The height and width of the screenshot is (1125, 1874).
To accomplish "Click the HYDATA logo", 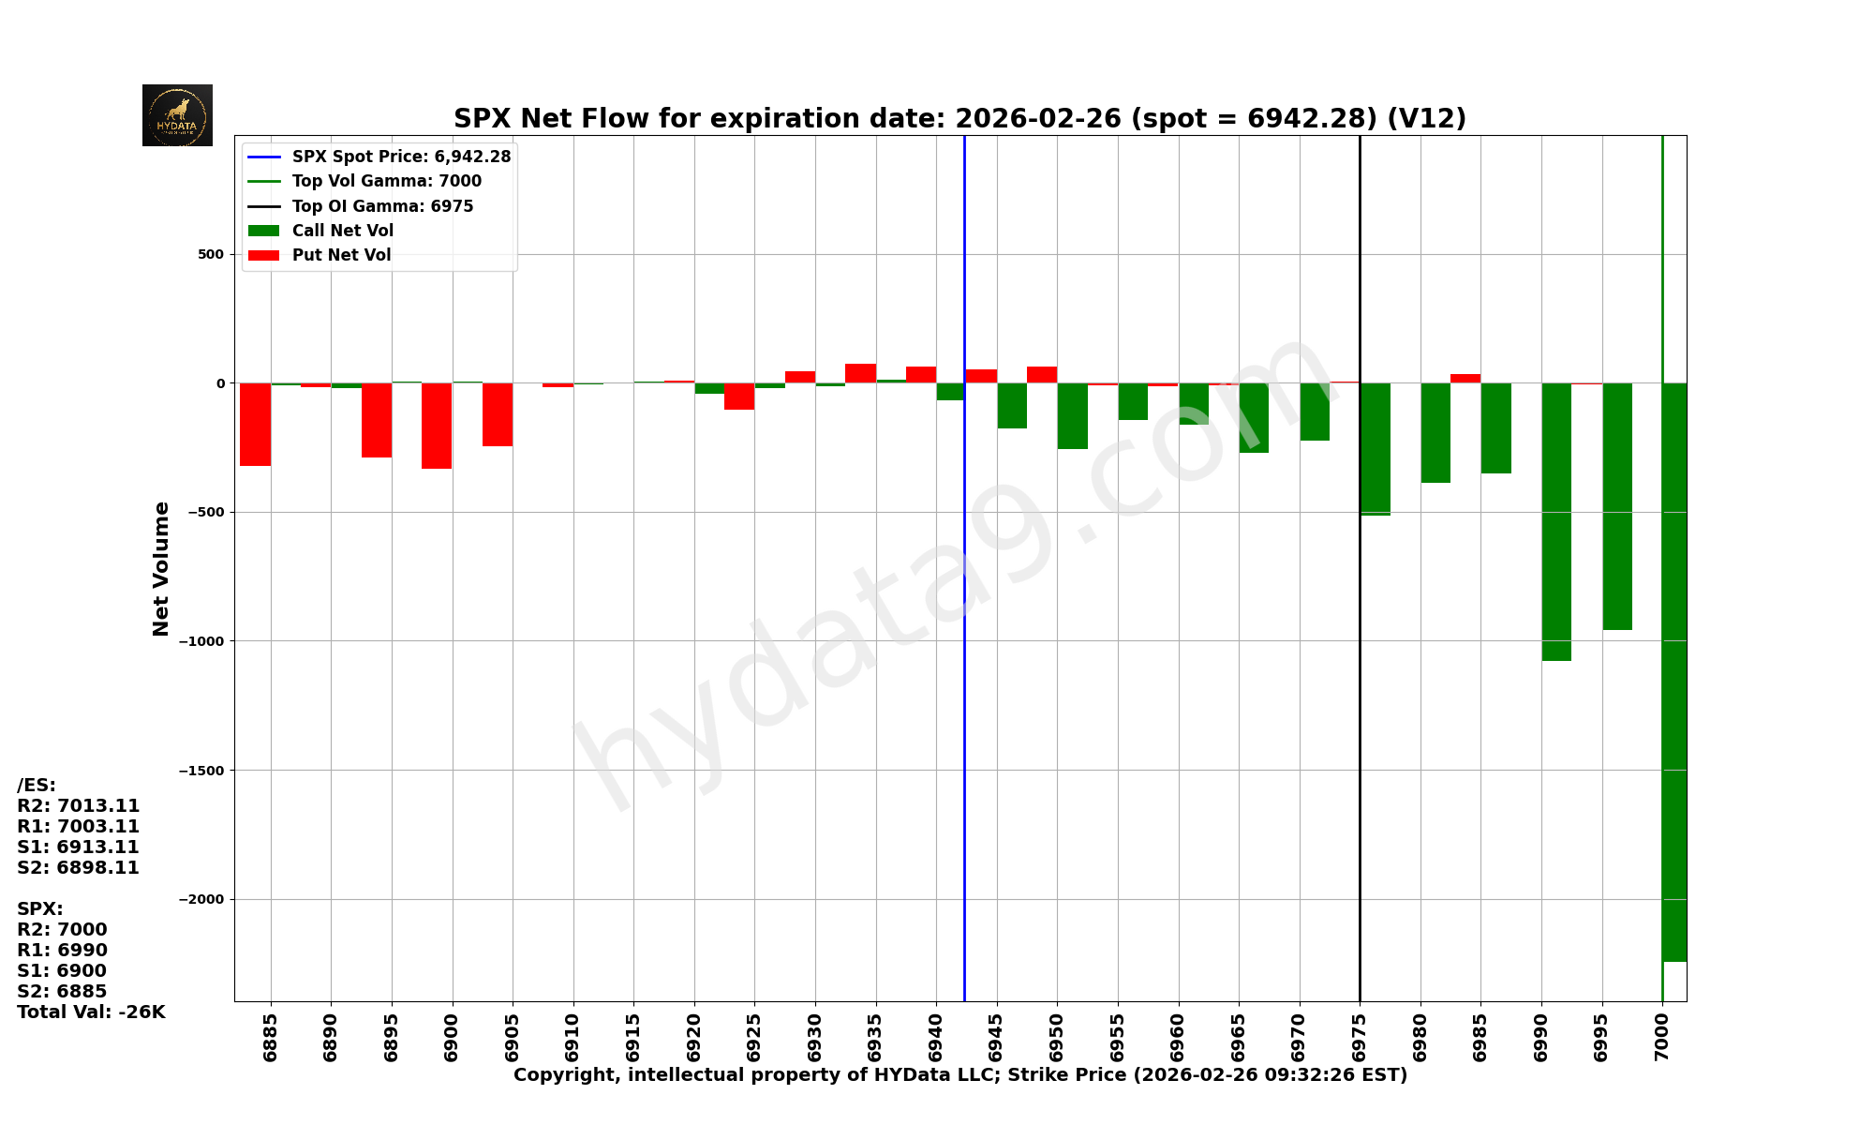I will [x=177, y=115].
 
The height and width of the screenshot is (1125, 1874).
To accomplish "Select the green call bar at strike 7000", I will [x=1674, y=671].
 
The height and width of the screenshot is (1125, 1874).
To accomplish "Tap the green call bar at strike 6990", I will [x=1556, y=521].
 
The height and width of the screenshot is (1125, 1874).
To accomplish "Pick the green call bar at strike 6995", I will [x=1617, y=506].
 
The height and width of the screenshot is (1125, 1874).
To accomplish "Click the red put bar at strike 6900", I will [x=437, y=426].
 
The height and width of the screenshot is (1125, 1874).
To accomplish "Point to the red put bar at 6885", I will [x=256, y=424].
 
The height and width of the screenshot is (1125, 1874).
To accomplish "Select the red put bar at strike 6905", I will [x=498, y=414].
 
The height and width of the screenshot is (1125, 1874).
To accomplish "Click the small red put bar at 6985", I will [x=1465, y=378].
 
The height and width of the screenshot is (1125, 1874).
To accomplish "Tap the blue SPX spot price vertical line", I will [x=964, y=656].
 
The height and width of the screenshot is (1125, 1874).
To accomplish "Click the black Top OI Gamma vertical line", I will [x=1360, y=703].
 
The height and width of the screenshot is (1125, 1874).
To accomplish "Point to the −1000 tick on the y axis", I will [x=201, y=641].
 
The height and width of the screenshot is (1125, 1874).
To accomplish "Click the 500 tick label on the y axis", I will [x=211, y=254].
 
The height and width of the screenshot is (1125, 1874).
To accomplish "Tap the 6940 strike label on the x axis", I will [x=935, y=1037].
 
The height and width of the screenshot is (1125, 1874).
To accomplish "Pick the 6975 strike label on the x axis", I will [x=1359, y=1037].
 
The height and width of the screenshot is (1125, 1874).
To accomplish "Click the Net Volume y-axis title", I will [x=161, y=568].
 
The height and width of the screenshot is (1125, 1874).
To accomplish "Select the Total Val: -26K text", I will [x=91, y=1012].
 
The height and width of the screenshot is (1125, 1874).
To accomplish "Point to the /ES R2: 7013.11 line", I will [x=79, y=805].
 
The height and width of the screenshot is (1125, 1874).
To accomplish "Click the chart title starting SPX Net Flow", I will [x=959, y=119].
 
